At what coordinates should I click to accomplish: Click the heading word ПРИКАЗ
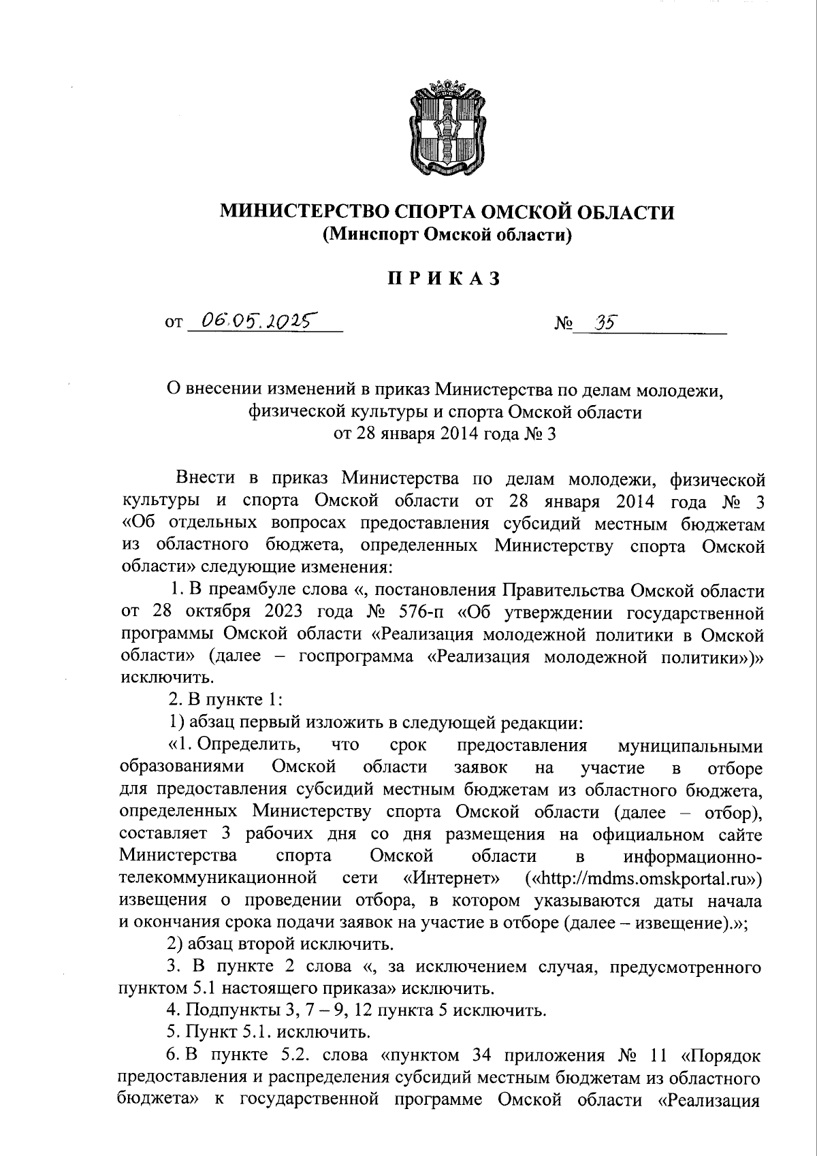(445, 279)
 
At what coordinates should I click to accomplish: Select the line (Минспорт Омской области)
(446, 236)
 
